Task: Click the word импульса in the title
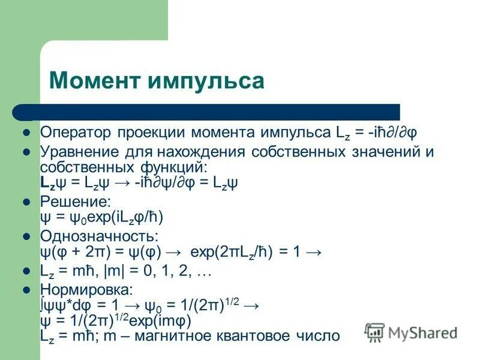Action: (205, 80)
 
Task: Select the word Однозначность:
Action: (98, 235)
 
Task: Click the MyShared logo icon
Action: (375, 332)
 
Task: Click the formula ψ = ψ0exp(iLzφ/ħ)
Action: (101, 217)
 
